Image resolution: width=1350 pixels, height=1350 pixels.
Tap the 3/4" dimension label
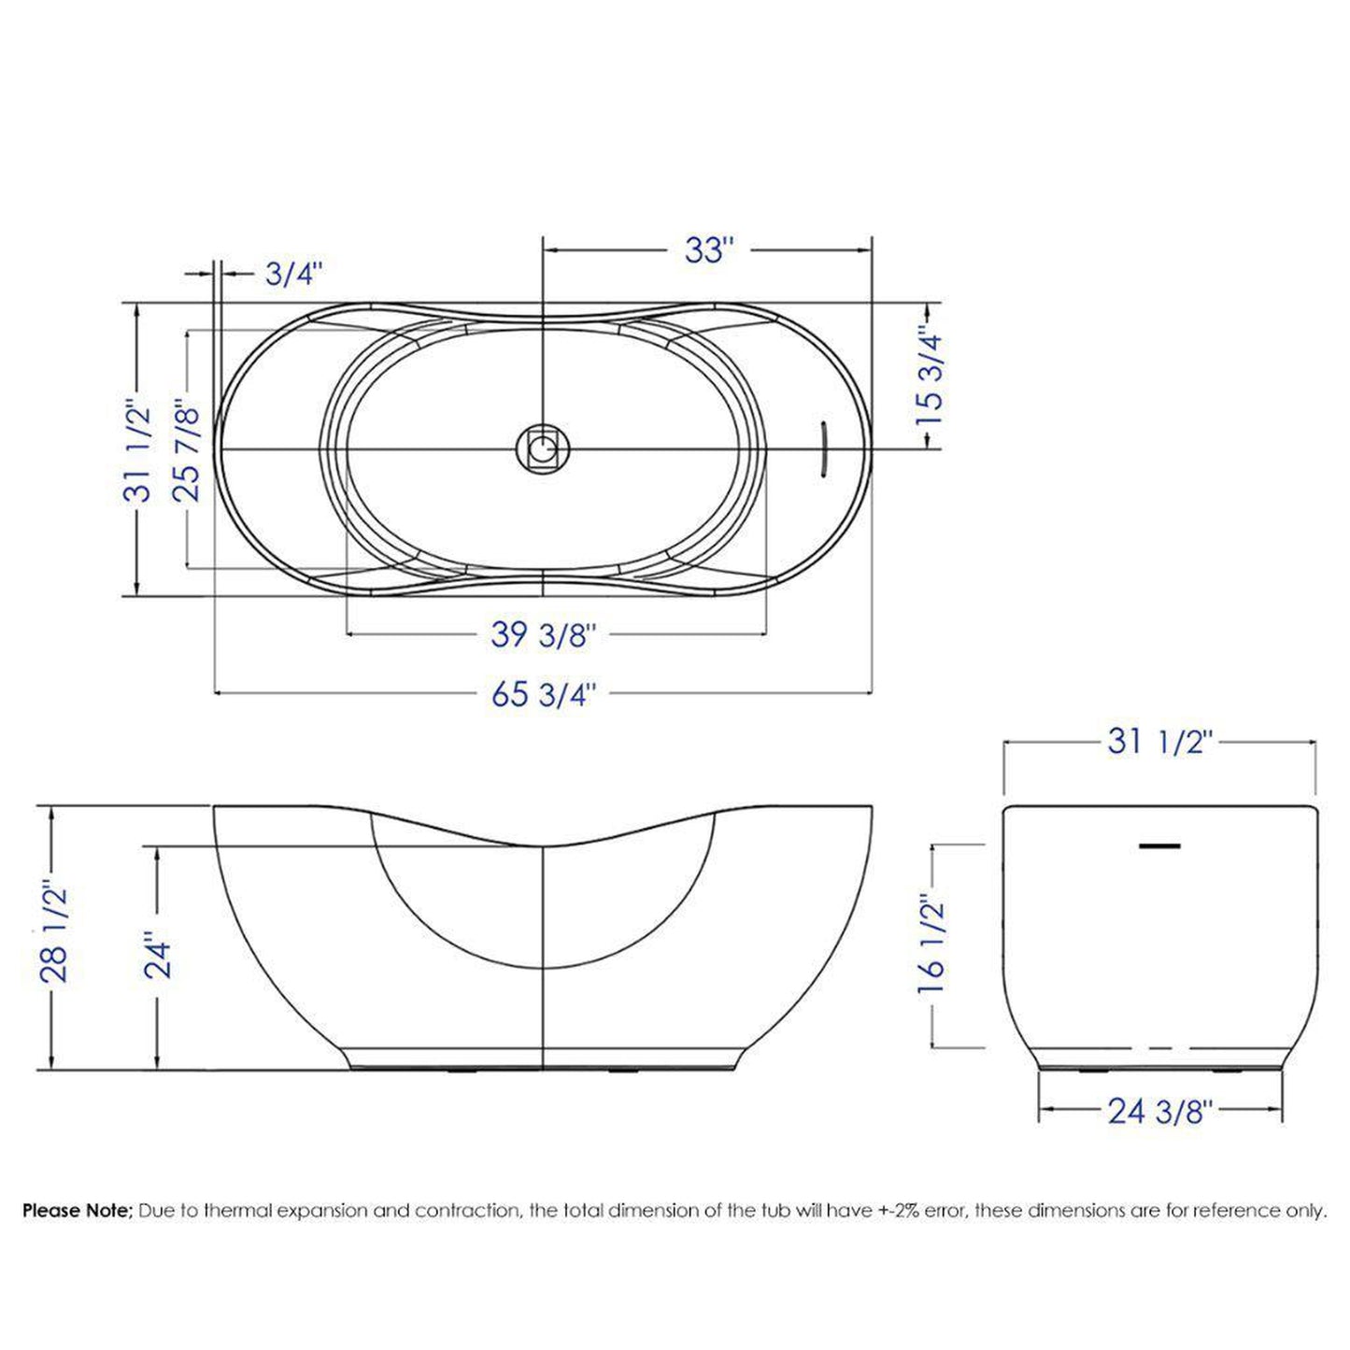(293, 274)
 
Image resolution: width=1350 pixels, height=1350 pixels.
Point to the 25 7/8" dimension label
(187, 450)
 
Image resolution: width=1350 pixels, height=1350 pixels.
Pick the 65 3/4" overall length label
(543, 694)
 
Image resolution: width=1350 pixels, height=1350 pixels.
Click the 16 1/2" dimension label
(931, 945)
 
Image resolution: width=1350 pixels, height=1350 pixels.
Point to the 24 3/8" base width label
(1159, 1111)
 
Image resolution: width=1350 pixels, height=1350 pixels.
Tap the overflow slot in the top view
(823, 449)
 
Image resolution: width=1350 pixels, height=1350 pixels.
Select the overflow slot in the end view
(1159, 846)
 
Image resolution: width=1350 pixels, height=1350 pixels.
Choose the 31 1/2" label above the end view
(1159, 742)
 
